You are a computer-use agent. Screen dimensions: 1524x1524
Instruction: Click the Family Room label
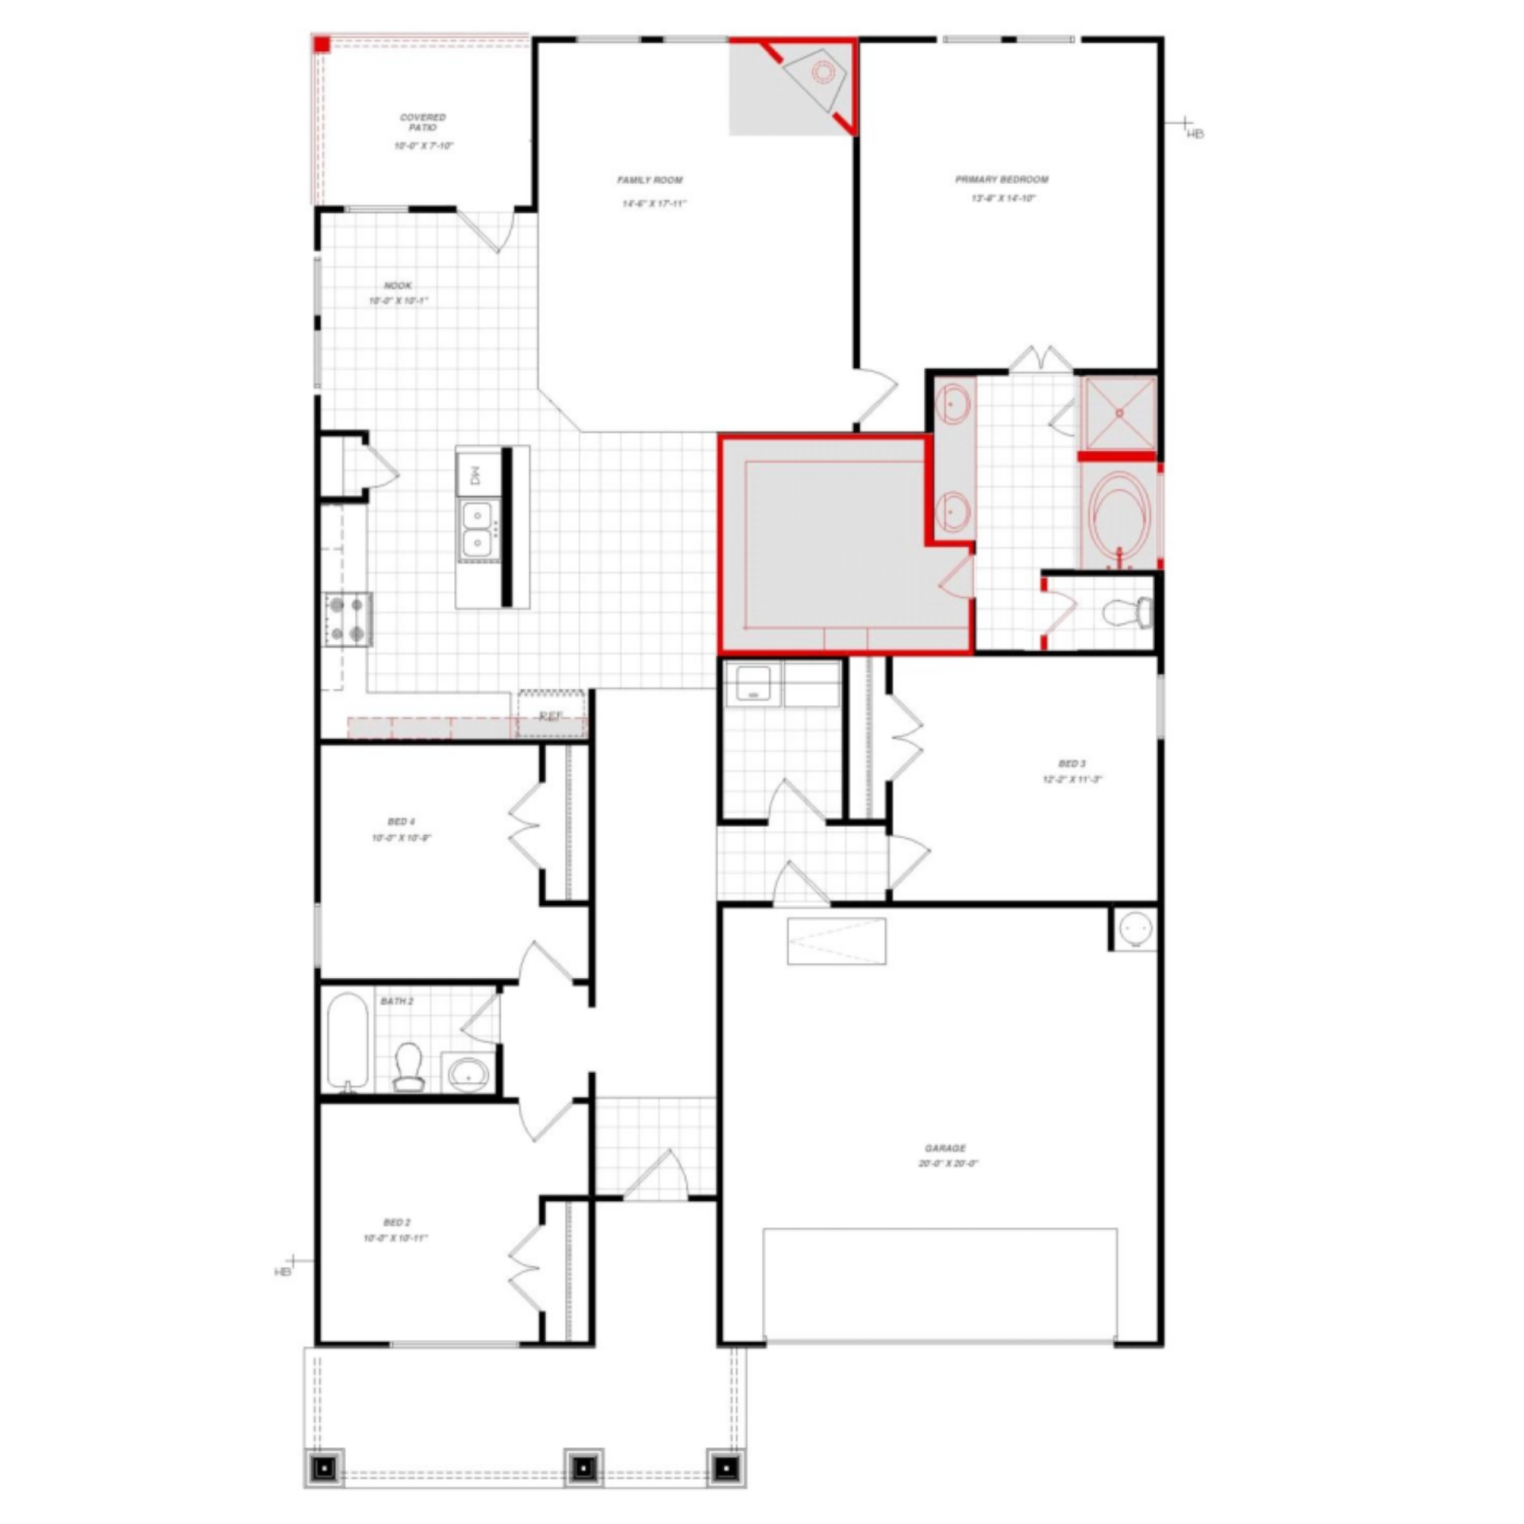point(650,180)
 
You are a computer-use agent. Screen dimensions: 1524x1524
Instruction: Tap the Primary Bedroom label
point(1002,179)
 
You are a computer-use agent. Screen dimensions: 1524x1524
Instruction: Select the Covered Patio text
point(423,122)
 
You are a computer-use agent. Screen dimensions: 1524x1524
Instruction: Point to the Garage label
point(945,1149)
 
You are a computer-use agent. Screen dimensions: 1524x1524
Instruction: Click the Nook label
point(398,286)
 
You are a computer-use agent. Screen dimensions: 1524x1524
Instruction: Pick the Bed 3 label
point(1072,764)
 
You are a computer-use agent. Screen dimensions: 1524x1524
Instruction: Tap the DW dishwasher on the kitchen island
point(475,475)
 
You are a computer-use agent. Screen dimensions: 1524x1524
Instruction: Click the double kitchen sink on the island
point(477,529)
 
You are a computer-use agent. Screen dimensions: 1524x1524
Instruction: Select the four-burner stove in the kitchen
point(348,619)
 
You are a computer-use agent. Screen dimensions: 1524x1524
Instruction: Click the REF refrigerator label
point(551,716)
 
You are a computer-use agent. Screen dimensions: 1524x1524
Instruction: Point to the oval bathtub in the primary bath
point(1118,518)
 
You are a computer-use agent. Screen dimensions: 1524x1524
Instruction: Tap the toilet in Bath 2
point(408,1067)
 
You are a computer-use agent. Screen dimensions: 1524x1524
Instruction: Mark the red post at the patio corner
point(321,44)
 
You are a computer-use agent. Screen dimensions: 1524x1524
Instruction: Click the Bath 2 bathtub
point(348,1041)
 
